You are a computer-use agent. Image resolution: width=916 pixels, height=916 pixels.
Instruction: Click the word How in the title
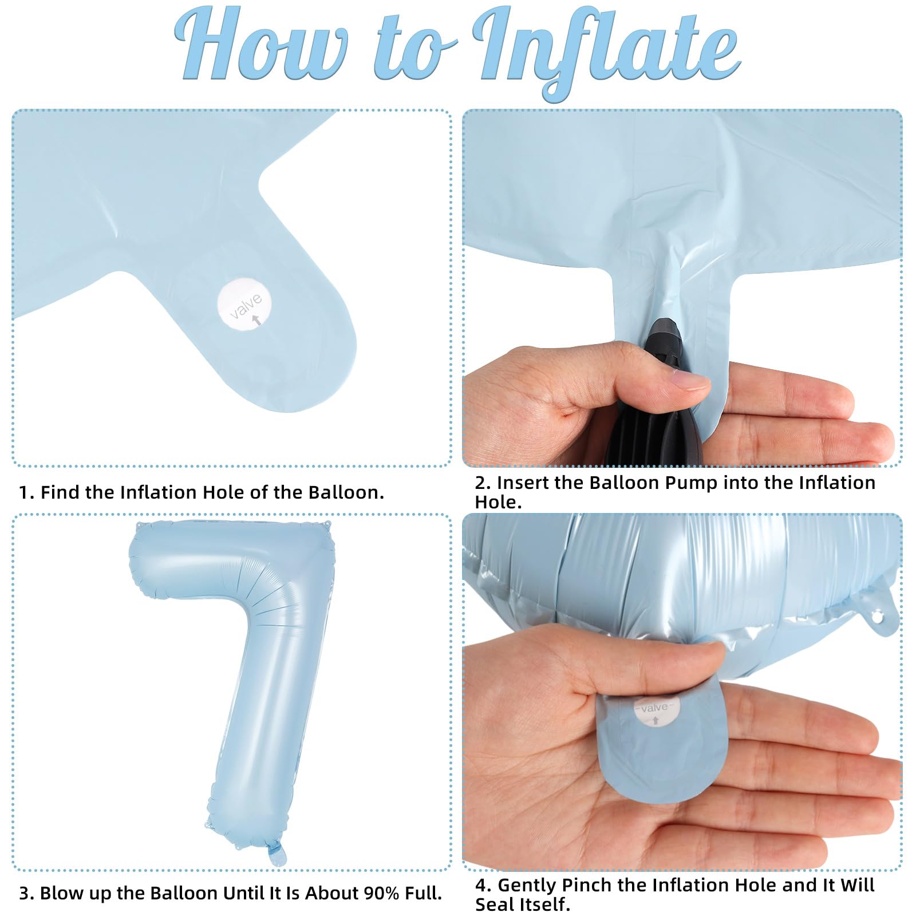point(260,46)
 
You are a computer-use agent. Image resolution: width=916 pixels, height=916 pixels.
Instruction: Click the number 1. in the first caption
point(27,492)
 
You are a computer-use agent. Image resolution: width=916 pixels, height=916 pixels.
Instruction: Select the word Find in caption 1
point(61,492)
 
